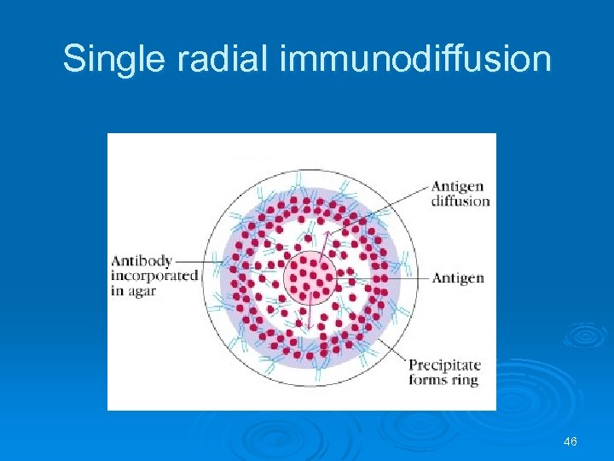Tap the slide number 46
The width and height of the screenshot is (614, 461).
pos(571,441)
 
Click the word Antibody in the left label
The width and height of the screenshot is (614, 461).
pos(142,261)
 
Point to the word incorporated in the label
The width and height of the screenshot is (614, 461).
pos(153,276)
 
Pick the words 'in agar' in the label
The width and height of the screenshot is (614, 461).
pos(133,290)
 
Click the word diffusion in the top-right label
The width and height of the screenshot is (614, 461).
pos(460,201)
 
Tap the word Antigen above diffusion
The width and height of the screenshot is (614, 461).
pos(458,187)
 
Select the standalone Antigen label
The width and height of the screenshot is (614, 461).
pos(458,277)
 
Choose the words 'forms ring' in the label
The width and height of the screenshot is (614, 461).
pos(443,380)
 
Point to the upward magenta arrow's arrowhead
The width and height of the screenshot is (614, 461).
pos(324,232)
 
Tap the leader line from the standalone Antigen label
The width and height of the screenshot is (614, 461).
pos(384,277)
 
